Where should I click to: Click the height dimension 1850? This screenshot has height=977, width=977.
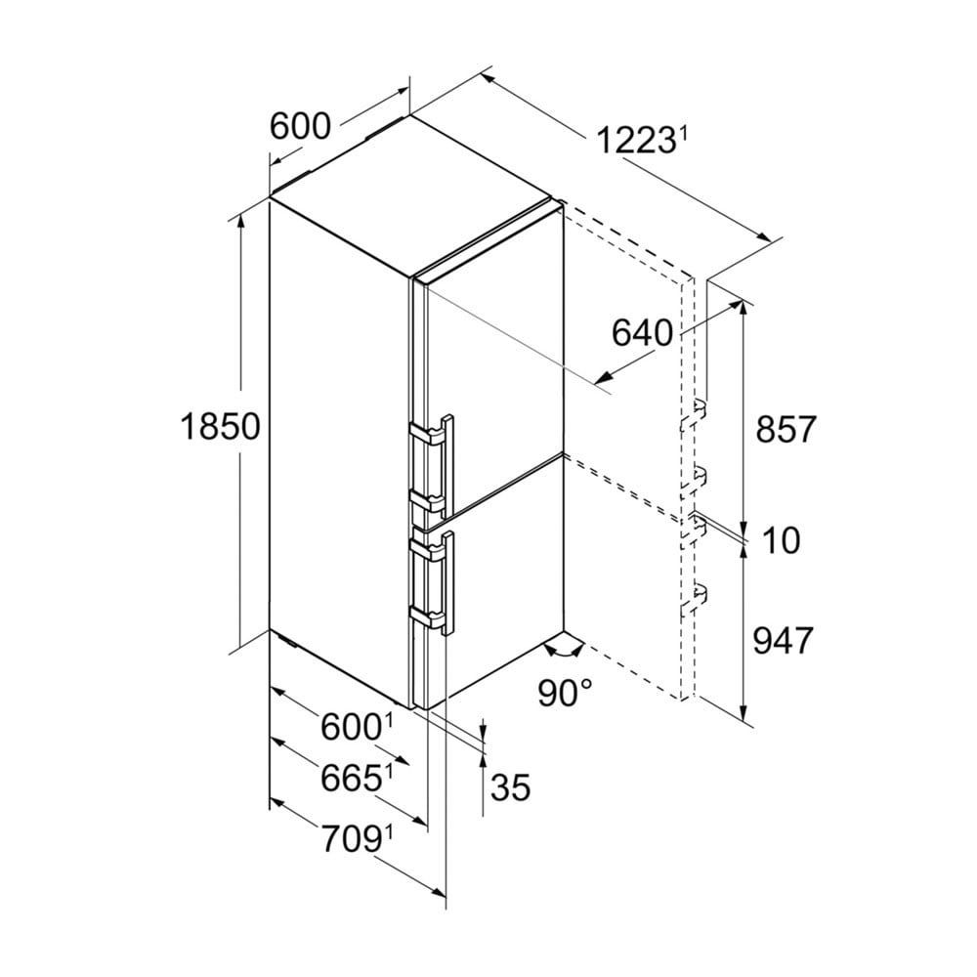coord(220,428)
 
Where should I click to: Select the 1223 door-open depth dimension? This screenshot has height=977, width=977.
coord(635,140)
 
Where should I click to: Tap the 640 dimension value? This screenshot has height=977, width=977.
coord(642,333)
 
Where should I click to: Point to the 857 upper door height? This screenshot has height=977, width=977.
coord(786,429)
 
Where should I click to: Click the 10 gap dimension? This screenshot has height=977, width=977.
coord(781,540)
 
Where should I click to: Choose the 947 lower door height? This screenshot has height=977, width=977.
coord(784,641)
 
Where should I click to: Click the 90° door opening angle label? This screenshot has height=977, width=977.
coord(565,693)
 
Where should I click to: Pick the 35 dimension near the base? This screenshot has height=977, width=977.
coord(510,786)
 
